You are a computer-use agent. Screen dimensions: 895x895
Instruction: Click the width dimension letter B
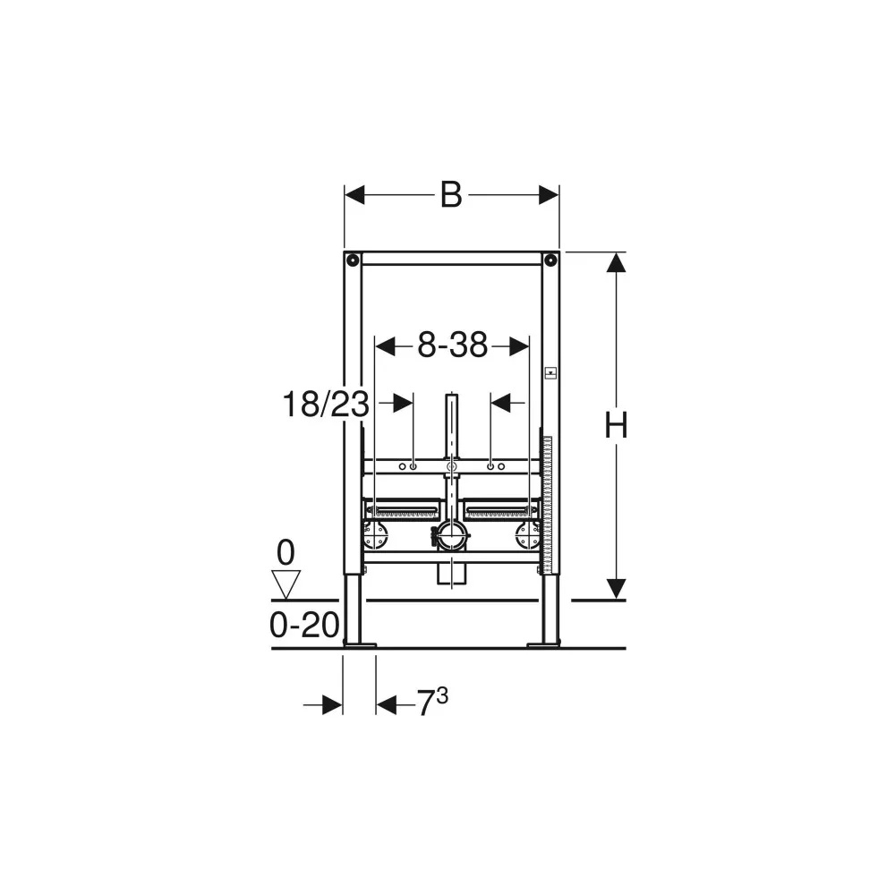(451, 195)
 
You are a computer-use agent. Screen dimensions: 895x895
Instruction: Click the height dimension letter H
(616, 425)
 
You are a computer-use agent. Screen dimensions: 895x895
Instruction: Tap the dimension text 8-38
(453, 345)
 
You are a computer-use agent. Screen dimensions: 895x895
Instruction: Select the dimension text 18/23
(326, 405)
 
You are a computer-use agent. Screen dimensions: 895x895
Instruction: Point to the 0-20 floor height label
(304, 625)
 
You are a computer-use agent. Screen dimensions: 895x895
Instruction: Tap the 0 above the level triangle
(286, 553)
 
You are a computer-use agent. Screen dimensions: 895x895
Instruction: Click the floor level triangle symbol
(286, 584)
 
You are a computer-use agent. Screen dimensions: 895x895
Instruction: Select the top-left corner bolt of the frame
(353, 260)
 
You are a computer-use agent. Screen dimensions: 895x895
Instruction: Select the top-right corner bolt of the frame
(550, 260)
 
